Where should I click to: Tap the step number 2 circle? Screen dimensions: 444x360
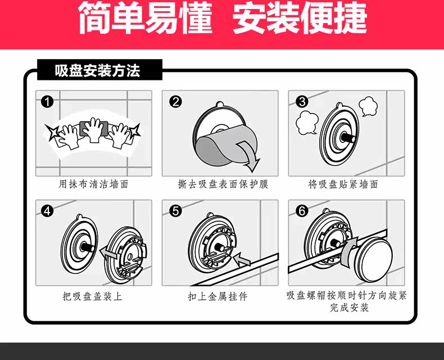pyautogui.click(x=175, y=102)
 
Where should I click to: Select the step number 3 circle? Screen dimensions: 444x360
pyautogui.click(x=302, y=102)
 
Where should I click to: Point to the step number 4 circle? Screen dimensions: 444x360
pyautogui.click(x=48, y=211)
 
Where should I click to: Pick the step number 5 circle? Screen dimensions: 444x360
pyautogui.click(x=175, y=211)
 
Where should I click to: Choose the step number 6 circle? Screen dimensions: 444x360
pyautogui.click(x=302, y=211)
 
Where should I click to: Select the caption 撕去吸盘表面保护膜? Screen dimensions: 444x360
pyautogui.click(x=219, y=184)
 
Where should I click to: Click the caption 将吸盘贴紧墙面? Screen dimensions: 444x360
pyautogui.click(x=343, y=184)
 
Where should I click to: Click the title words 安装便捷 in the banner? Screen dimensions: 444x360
pyautogui.click(x=300, y=19)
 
